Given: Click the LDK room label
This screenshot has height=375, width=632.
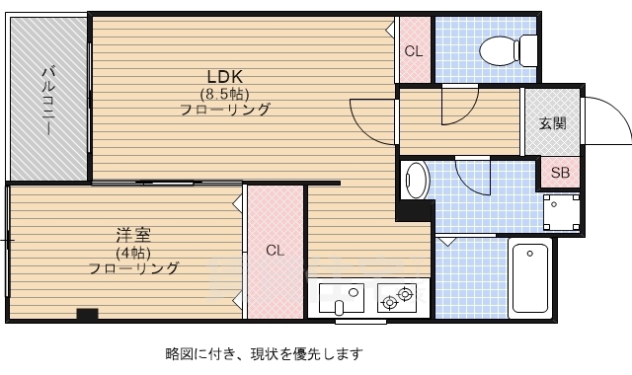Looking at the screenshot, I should click(224, 77).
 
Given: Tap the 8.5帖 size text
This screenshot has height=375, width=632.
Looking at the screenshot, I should click(224, 94).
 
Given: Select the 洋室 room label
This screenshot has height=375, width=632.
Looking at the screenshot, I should click(133, 235).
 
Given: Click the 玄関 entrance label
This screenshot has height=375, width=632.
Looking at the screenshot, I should click(553, 123).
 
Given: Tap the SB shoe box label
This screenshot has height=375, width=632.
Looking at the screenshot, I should click(560, 173).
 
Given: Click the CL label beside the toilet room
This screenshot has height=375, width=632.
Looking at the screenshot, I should click(414, 51).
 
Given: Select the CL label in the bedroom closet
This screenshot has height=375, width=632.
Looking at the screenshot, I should click(275, 251).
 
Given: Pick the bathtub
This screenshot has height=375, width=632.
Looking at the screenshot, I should click(533, 278).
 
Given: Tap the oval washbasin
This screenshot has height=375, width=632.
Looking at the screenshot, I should click(417, 180).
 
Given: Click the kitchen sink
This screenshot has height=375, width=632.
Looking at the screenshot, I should click(343, 296).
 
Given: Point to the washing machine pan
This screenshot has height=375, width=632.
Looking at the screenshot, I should click(563, 212).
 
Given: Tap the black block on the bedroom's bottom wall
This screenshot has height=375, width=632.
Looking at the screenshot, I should click(87, 315).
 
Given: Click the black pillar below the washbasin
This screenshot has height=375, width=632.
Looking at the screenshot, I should click(415, 210).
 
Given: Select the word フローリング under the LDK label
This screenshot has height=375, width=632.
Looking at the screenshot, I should click(224, 110).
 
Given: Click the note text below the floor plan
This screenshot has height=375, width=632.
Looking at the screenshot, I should click(264, 353).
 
